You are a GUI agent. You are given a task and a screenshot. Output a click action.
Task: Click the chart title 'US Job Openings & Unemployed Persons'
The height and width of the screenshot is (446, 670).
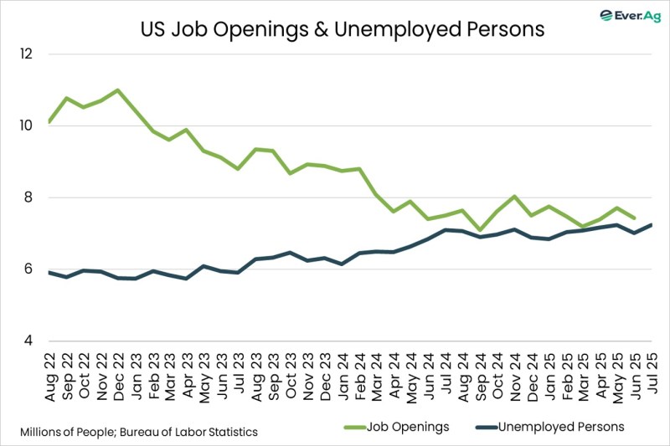pyautogui.click(x=341, y=29)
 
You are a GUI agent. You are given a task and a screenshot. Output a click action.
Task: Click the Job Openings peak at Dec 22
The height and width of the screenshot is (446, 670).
pyautogui.click(x=118, y=90)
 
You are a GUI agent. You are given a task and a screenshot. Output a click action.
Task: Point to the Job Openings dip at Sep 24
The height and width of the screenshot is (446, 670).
pyautogui.click(x=479, y=230)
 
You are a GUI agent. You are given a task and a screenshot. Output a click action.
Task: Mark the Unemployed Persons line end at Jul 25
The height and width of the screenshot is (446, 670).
pyautogui.click(x=651, y=224)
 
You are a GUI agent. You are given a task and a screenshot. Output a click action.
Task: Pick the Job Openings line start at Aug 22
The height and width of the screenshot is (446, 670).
pyautogui.click(x=50, y=122)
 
